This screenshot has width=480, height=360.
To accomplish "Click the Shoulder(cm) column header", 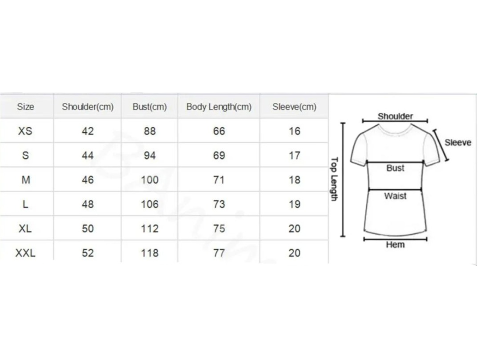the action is tap(88, 107).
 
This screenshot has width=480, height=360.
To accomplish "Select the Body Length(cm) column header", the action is tap(219, 107).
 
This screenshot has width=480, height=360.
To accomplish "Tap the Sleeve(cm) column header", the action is tap(294, 107).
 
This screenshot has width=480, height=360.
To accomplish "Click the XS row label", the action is tap(25, 131).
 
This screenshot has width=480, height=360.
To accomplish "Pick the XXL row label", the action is tap(25, 253).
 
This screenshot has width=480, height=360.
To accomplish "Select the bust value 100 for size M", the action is tap(150, 180).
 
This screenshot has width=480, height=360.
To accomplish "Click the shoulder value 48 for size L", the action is tap(88, 204).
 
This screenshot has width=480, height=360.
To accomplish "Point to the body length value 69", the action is tap(219, 156).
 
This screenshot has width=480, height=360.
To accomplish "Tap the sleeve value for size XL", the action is tap(294, 229).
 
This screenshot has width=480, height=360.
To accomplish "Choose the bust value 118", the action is tap(150, 253).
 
